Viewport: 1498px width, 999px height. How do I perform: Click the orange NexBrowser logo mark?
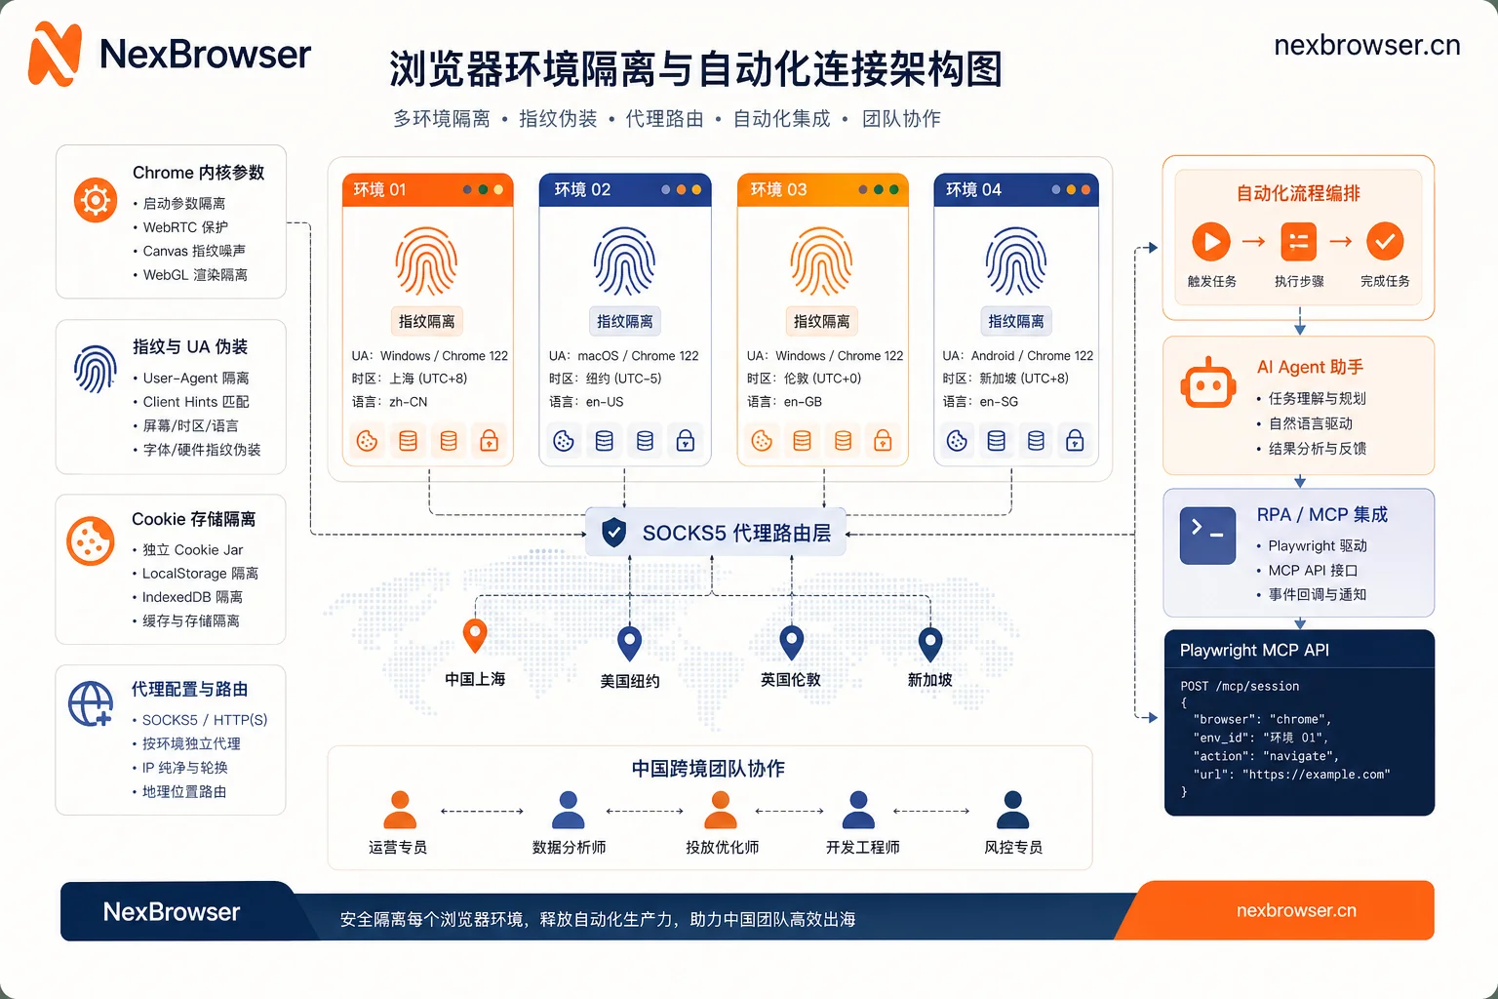[56, 54]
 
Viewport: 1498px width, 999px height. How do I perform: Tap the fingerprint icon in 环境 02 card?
[624, 260]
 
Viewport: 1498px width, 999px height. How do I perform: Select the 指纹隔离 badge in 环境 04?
[1016, 321]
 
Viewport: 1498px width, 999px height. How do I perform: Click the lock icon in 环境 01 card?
[489, 441]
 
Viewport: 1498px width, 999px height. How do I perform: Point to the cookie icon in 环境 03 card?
[762, 441]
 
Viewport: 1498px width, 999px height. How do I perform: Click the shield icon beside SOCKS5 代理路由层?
[613, 533]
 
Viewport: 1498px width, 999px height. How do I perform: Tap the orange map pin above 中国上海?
[475, 635]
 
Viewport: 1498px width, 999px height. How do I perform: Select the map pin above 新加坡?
[930, 644]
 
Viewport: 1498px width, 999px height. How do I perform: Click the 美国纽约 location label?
[629, 681]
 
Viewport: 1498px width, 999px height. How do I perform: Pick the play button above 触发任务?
[1211, 242]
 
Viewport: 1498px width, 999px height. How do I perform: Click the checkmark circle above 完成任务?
[1385, 241]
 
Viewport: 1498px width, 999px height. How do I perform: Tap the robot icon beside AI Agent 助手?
[1207, 382]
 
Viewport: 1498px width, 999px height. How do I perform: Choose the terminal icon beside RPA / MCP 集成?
[1207, 536]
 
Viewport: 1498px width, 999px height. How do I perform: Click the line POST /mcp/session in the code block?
[1240, 686]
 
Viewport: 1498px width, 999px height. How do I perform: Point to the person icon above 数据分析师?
[568, 810]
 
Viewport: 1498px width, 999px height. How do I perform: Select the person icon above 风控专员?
[1012, 810]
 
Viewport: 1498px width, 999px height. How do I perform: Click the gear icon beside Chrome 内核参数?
[96, 200]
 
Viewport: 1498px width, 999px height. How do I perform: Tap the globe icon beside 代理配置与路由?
[91, 704]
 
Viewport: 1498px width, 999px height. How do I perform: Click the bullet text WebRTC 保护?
[185, 227]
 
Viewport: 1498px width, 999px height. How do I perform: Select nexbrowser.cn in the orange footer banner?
[1296, 910]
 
